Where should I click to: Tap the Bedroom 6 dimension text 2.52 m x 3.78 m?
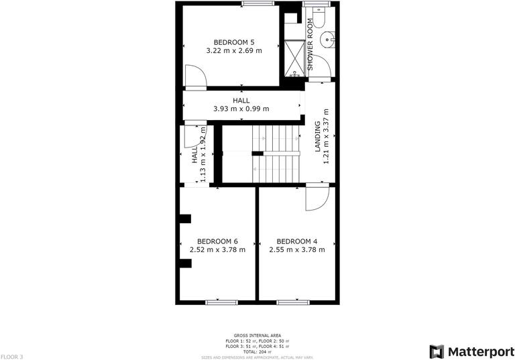pyautogui.click(x=217, y=250)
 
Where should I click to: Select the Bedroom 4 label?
pyautogui.click(x=297, y=241)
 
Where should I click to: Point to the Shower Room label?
pyautogui.click(x=310, y=44)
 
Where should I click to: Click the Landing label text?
pyautogui.click(x=318, y=137)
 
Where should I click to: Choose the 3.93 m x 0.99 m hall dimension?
pyautogui.click(x=241, y=109)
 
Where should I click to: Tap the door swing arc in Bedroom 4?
pyautogui.click(x=317, y=198)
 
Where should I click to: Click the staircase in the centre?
pyautogui.click(x=275, y=154)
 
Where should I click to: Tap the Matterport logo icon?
pyautogui.click(x=437, y=351)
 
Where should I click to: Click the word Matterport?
pyautogui.click(x=477, y=351)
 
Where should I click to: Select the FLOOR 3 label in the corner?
pyautogui.click(x=12, y=357)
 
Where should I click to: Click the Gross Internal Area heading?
pyautogui.click(x=257, y=335)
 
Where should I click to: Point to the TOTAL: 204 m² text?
pyautogui.click(x=257, y=351)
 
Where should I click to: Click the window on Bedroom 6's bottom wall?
pyautogui.click(x=221, y=302)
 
